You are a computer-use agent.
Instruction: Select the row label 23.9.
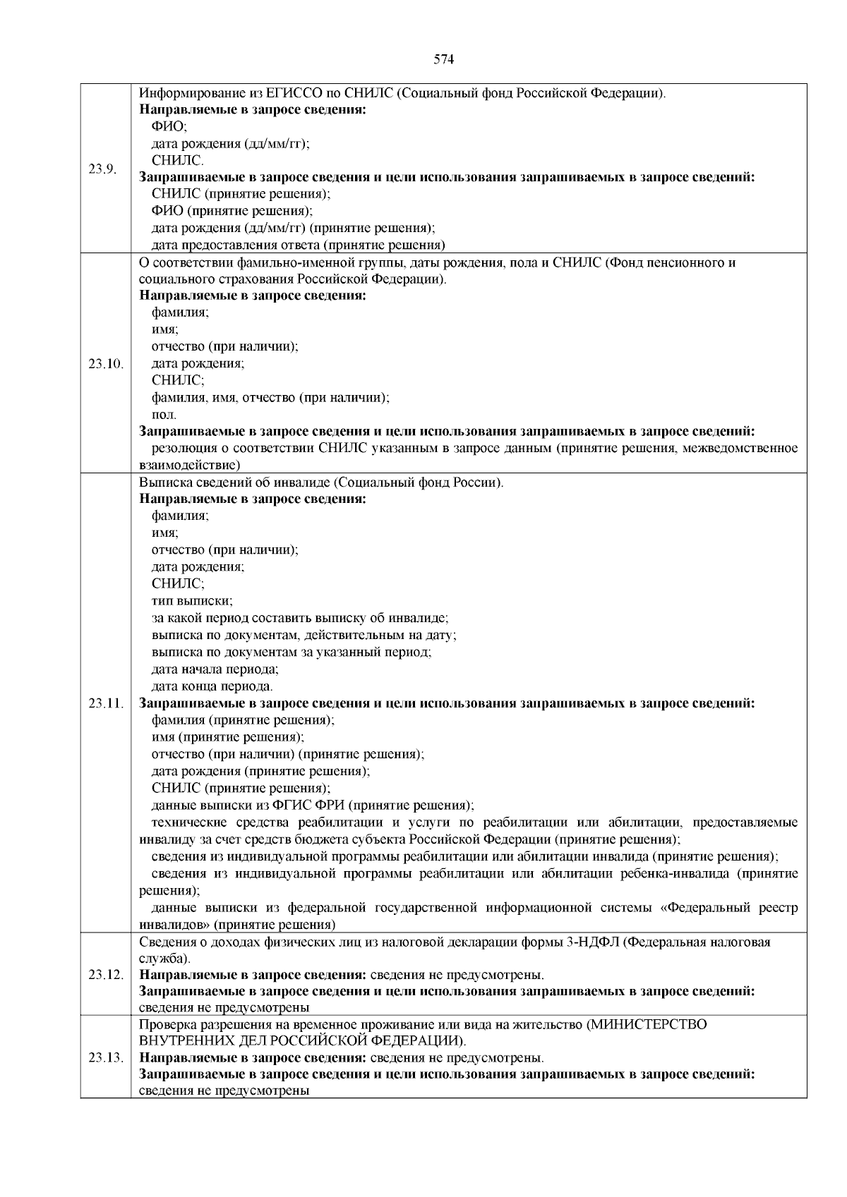(102, 169)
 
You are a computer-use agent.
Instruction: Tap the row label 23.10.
(105, 364)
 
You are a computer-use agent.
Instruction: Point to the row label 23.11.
(105, 703)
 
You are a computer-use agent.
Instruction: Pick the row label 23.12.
(105, 975)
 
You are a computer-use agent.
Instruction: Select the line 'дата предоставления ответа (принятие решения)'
(298, 245)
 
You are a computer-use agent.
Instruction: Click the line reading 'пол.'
(164, 415)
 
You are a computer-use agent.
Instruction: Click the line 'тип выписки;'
(192, 601)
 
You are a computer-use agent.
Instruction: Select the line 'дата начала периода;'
(215, 669)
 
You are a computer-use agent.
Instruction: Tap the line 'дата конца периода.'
(212, 686)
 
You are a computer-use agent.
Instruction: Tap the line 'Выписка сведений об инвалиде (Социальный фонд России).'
(321, 482)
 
